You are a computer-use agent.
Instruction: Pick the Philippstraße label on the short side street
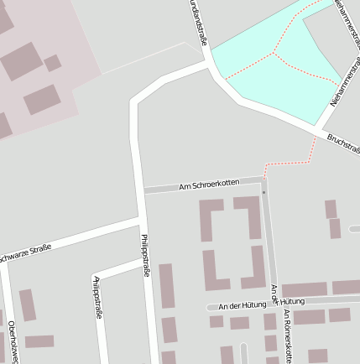point(98,298)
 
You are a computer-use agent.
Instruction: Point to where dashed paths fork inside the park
point(274,54)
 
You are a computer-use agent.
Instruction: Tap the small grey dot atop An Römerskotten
point(263,193)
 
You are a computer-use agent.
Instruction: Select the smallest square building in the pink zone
point(53,63)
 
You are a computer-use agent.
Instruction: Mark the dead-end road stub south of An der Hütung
point(243,353)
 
